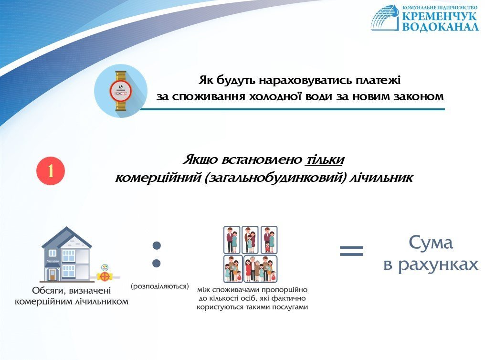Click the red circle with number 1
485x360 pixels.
(51, 171)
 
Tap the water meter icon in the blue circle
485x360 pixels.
(121, 91)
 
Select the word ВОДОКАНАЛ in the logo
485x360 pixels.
(440, 27)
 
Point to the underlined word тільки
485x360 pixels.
(325, 160)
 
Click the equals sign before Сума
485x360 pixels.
(351, 251)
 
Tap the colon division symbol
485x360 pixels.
(157, 254)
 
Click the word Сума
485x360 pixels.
(431, 243)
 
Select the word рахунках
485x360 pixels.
(438, 265)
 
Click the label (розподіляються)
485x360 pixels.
(160, 286)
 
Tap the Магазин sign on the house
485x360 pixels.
(53, 261)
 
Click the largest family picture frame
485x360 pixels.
(261, 269)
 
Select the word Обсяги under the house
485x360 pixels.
(49, 291)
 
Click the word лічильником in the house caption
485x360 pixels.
(102, 301)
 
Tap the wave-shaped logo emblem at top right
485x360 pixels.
(386, 18)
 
